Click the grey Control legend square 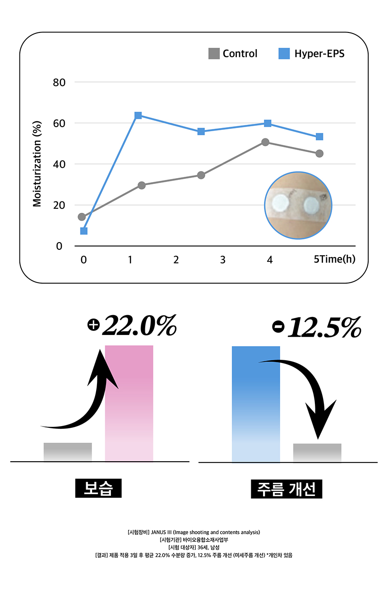214,54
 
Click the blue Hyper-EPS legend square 284,54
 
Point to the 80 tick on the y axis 60,83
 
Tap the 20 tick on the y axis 60,205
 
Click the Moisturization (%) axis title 37,164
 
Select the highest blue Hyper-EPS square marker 138,115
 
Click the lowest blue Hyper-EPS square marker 83,231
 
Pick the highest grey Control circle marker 265,142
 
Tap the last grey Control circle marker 319,154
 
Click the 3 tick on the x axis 223,260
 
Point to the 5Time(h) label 335,260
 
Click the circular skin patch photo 298,205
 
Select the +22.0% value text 132,326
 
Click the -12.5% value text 317,328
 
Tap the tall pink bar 129,403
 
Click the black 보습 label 98,489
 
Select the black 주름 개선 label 286,489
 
